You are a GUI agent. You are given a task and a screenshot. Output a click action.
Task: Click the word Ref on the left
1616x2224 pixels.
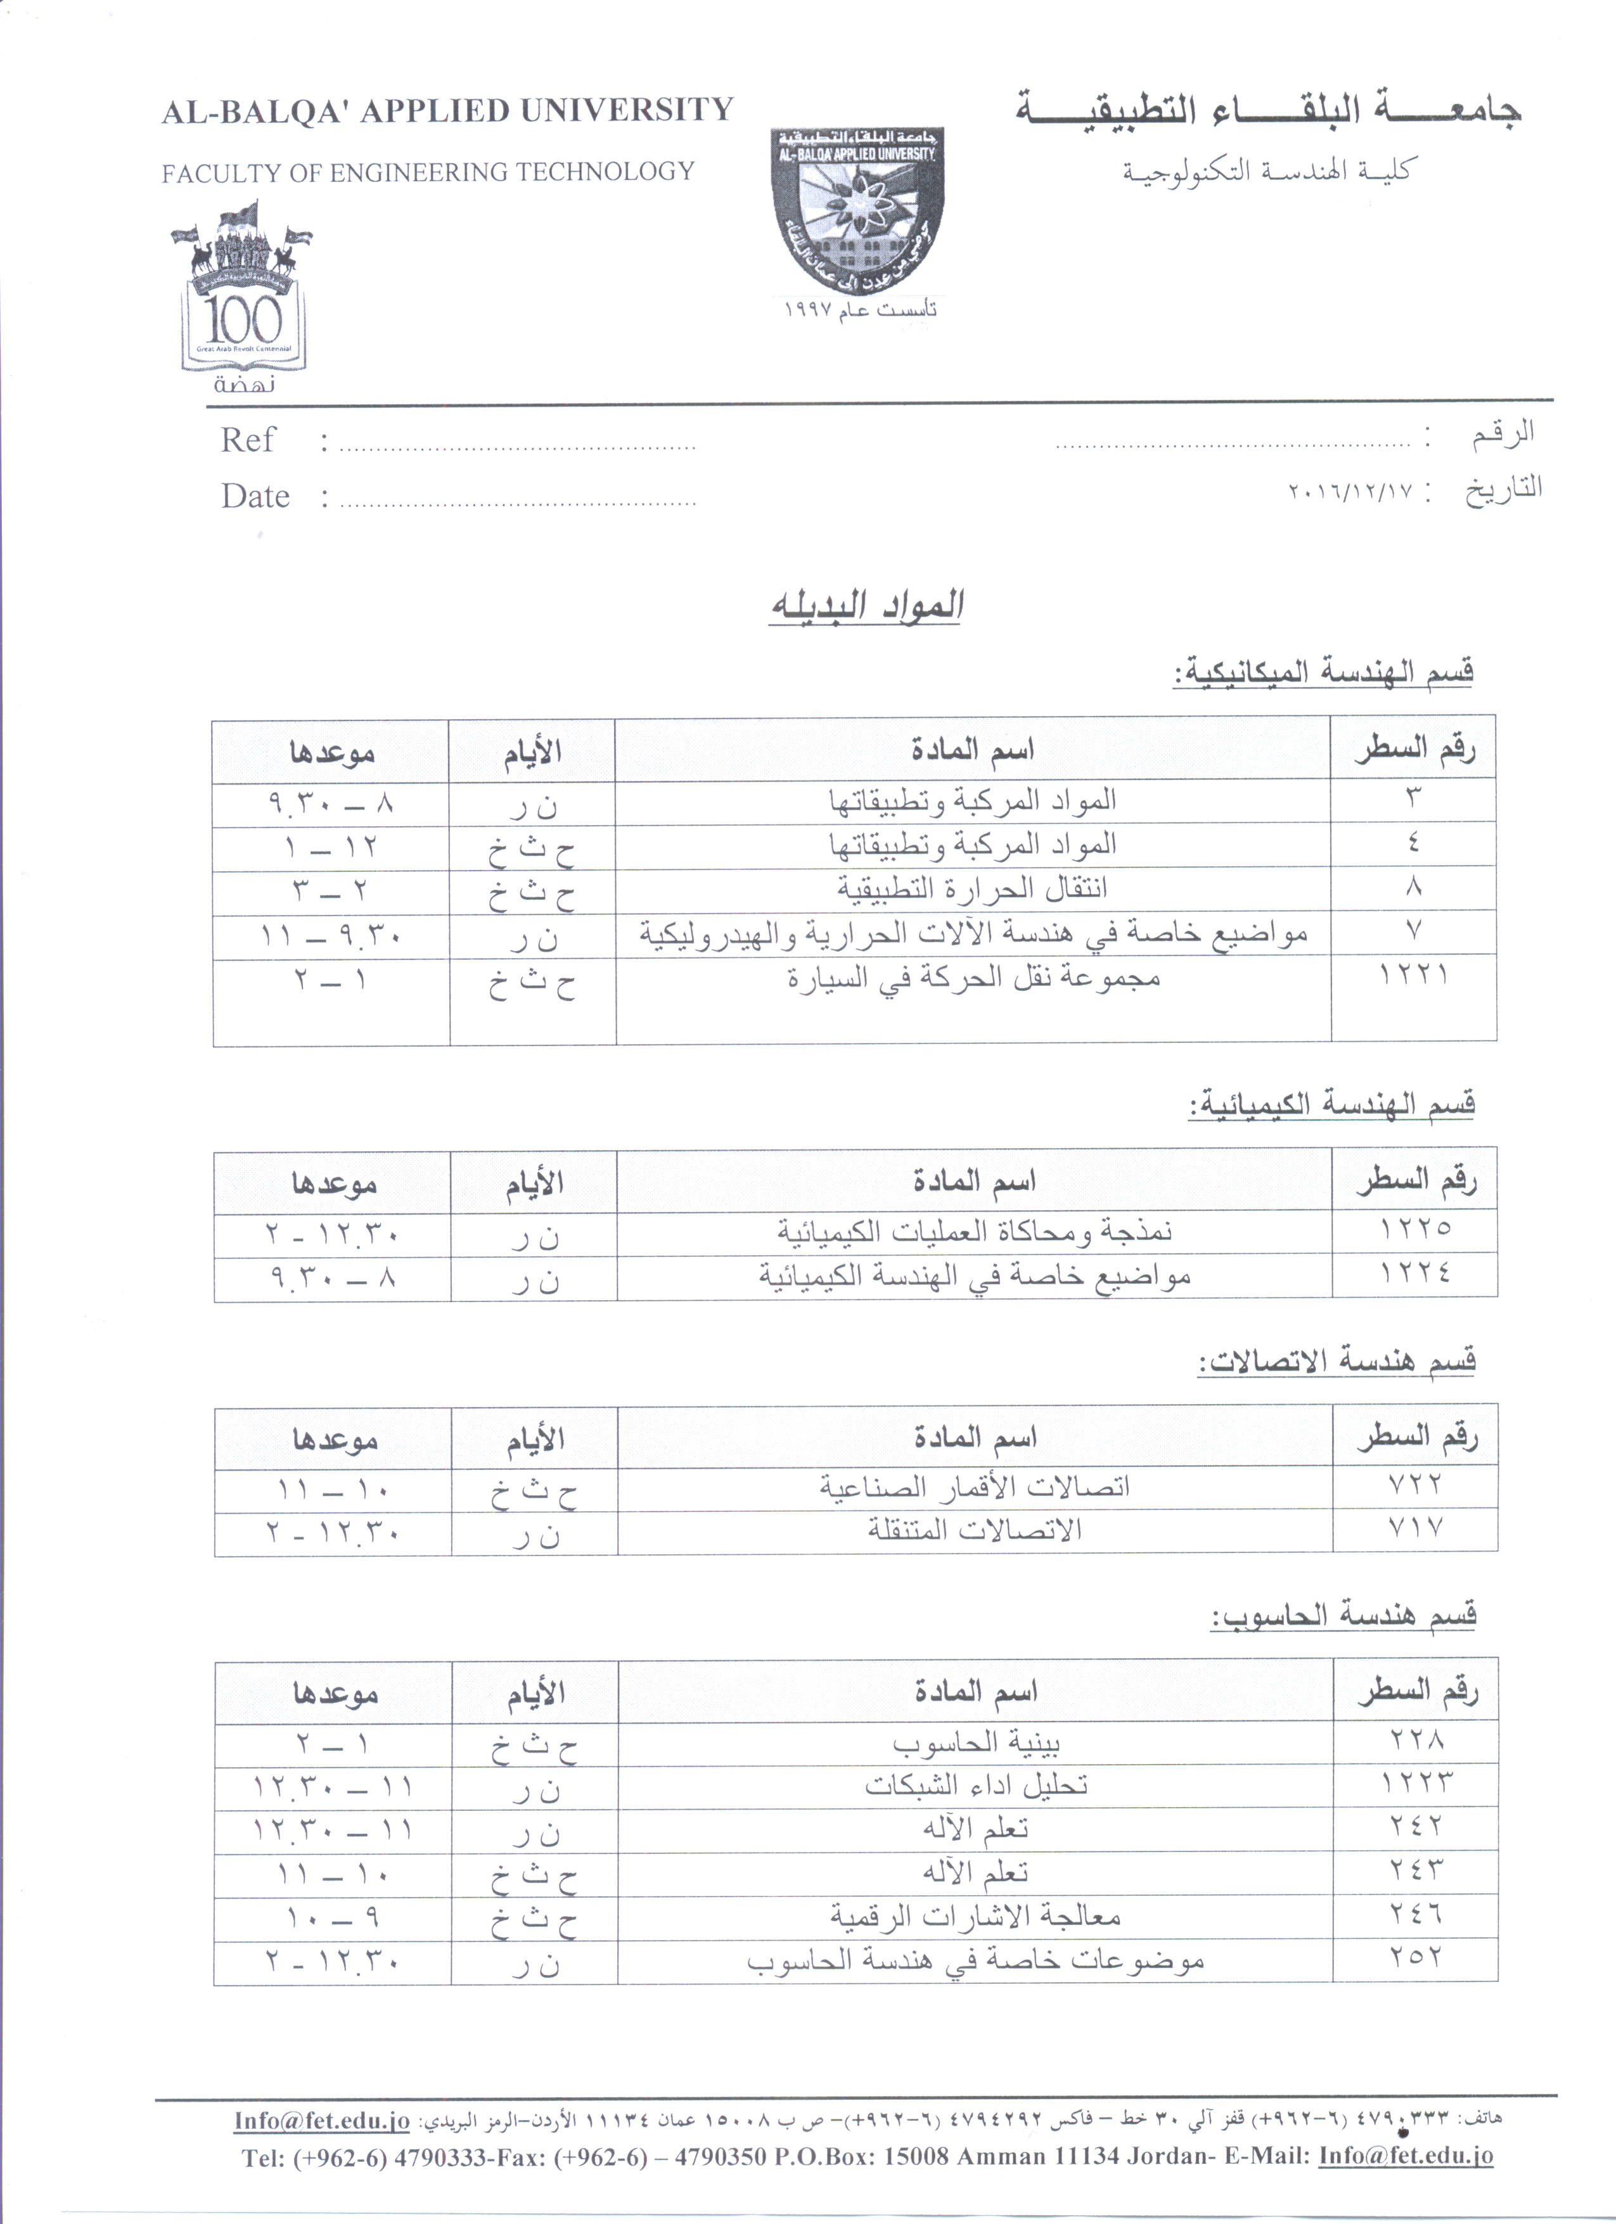[x=247, y=440]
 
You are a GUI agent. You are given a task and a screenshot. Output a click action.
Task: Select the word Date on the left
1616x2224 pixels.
[x=255, y=496]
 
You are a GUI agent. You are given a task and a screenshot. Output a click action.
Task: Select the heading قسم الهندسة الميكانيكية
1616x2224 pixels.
[x=1324, y=673]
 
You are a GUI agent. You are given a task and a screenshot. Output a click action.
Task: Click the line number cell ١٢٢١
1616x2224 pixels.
[x=1413, y=976]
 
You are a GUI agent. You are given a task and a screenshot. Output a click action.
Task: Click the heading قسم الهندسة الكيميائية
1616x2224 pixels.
[x=1331, y=1105]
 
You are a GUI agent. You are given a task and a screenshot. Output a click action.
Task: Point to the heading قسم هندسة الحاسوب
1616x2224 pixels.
[x=1343, y=1615]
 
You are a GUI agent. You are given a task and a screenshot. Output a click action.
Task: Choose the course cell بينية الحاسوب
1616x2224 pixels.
[x=976, y=1742]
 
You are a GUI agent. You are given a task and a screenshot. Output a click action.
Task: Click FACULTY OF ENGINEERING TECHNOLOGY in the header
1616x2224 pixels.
[x=428, y=172]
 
